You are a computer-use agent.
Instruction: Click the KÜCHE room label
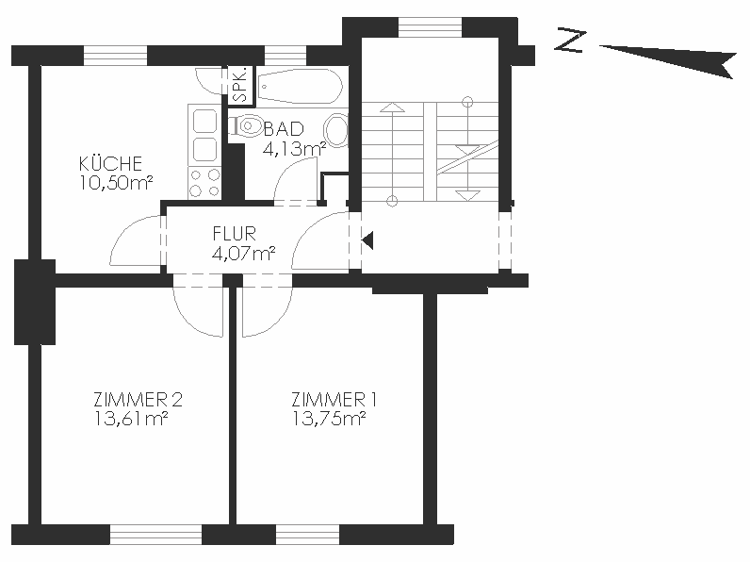tap(110, 164)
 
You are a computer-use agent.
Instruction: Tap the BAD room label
tap(285, 129)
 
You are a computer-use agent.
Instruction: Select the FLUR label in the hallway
tap(235, 234)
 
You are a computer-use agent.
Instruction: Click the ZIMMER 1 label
tap(334, 399)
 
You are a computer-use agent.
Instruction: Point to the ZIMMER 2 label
tap(138, 399)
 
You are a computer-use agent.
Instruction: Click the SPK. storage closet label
tap(241, 85)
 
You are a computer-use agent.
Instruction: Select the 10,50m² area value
tap(116, 183)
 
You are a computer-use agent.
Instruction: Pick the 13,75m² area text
tap(329, 419)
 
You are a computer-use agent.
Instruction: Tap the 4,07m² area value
tap(243, 254)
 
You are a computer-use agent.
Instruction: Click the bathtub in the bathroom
tap(300, 86)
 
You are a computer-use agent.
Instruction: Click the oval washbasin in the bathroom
tap(336, 130)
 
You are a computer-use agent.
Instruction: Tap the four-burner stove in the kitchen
tap(204, 182)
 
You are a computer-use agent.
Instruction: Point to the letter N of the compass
tap(570, 41)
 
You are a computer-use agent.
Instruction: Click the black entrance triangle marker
tap(367, 240)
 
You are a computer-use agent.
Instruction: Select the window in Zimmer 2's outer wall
tap(155, 535)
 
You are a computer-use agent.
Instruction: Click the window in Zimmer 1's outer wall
tap(307, 535)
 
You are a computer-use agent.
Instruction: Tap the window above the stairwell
tap(430, 26)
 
